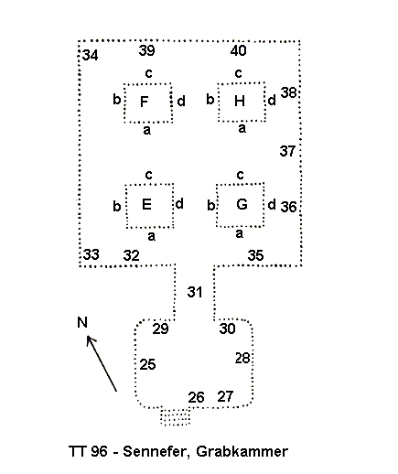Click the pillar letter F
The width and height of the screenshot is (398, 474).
click(144, 102)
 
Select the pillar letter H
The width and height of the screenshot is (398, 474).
click(240, 101)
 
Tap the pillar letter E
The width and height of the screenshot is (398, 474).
click(146, 204)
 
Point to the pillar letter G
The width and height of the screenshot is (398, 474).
click(242, 204)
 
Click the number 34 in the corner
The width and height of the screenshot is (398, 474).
click(91, 56)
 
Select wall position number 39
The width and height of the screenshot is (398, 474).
click(146, 50)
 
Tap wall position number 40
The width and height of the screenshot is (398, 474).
click(238, 50)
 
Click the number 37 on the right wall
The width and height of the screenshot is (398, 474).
click(287, 151)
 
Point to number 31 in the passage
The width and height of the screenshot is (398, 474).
click(195, 292)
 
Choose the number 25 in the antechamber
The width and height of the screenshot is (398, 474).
click(147, 364)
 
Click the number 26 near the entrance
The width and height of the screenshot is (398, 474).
click(196, 397)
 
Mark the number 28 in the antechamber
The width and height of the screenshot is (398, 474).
click(242, 358)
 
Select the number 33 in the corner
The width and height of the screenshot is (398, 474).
click(91, 254)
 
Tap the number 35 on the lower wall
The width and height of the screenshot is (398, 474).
click(255, 255)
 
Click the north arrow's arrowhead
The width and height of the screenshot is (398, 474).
click(91, 339)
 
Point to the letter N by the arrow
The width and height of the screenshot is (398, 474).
click(82, 322)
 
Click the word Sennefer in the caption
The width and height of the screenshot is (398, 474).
click(156, 451)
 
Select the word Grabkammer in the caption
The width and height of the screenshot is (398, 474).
click(242, 451)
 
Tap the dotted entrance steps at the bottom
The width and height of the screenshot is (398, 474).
click(176, 416)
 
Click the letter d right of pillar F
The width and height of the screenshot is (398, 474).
click(181, 101)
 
